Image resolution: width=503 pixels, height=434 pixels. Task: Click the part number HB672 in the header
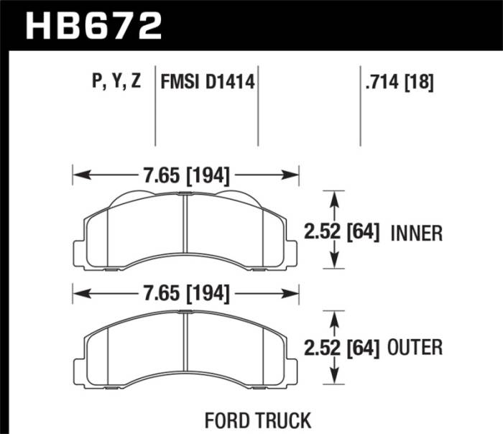click(x=93, y=25)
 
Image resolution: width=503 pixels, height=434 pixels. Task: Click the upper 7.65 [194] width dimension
click(x=185, y=174)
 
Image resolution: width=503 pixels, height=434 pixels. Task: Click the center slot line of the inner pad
click(x=185, y=230)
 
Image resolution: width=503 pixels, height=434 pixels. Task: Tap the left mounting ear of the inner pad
click(x=80, y=251)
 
